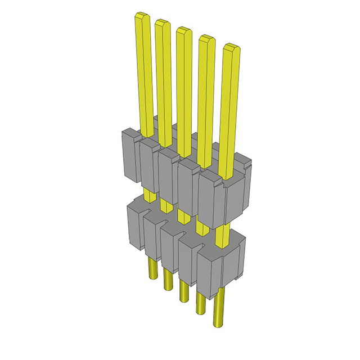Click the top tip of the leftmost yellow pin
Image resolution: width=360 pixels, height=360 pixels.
[x=142, y=19]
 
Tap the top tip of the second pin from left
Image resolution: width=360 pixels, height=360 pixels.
[x=163, y=24]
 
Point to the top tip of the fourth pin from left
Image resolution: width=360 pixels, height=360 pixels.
[x=206, y=39]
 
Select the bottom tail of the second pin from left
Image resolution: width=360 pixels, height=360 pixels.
[x=168, y=284]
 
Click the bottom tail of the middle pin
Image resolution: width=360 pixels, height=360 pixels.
[x=183, y=295]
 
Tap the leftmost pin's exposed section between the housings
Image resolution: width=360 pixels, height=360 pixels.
[x=148, y=195]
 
